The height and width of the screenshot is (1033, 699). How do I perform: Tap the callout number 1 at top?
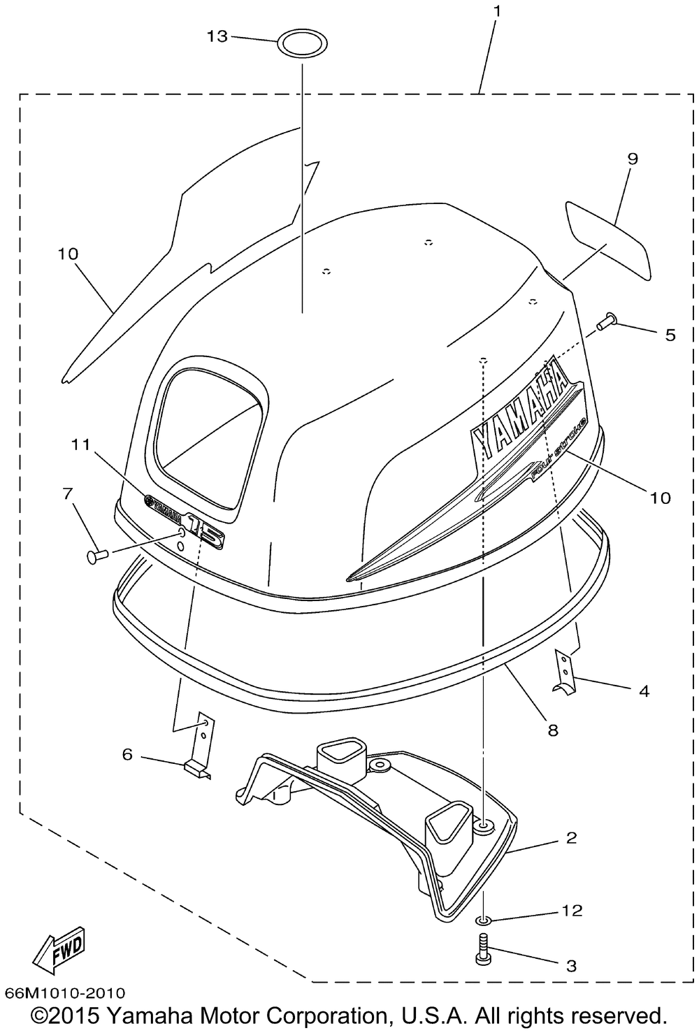(496, 12)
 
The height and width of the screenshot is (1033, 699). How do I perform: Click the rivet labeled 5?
(605, 322)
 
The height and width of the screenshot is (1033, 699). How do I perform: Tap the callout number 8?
(553, 731)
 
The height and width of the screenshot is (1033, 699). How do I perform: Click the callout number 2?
(571, 837)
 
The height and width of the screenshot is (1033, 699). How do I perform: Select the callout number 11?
(80, 444)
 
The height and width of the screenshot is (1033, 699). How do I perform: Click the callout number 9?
(632, 159)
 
